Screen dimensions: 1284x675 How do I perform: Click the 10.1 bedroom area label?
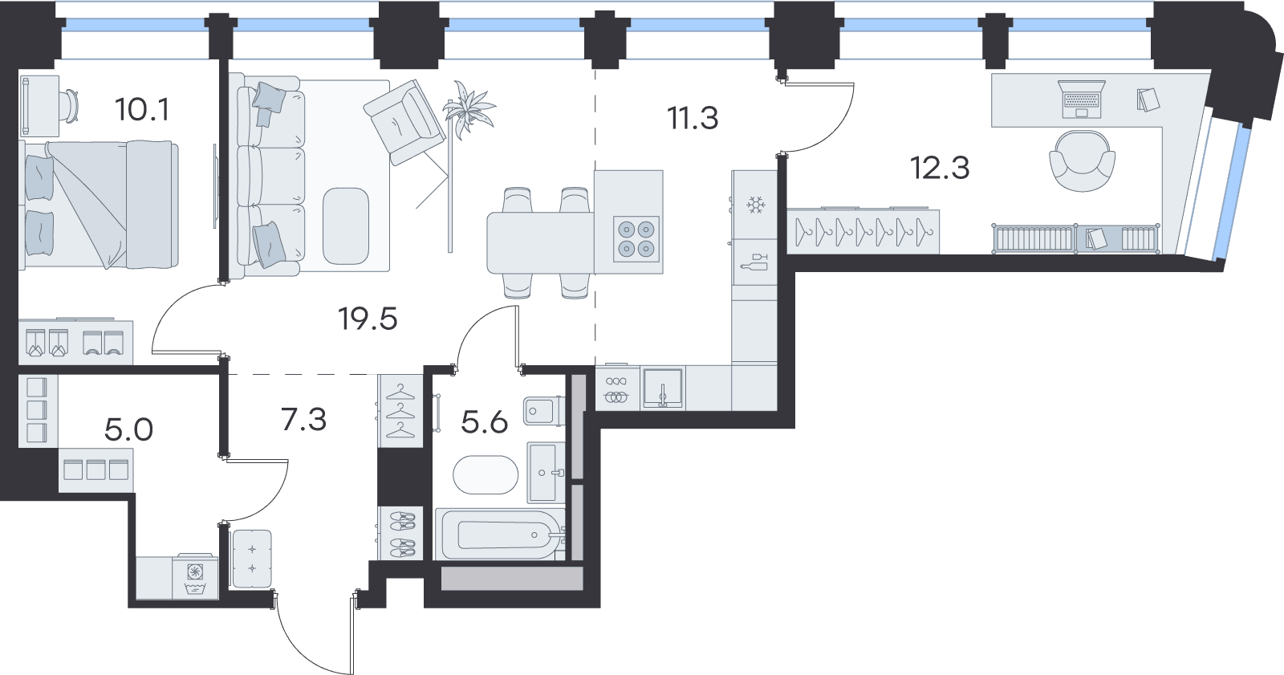click(142, 109)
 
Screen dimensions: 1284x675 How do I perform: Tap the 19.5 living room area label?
click(368, 319)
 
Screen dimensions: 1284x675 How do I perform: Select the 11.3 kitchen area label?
click(693, 119)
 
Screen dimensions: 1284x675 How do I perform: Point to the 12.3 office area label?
click(940, 168)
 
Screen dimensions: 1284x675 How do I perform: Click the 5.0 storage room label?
click(129, 429)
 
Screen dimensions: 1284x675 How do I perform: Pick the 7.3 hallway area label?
click(304, 419)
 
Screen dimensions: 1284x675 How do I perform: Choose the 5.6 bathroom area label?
click(485, 423)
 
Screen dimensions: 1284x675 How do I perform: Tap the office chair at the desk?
click(1083, 161)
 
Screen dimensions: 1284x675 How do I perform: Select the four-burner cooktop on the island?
click(636, 239)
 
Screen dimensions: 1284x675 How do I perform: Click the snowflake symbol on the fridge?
click(755, 205)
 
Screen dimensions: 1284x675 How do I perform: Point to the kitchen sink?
click(663, 388)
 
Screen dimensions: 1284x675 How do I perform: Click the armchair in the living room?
click(404, 122)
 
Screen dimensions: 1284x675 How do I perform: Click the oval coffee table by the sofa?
click(346, 226)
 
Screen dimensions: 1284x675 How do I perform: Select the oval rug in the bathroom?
click(486, 475)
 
